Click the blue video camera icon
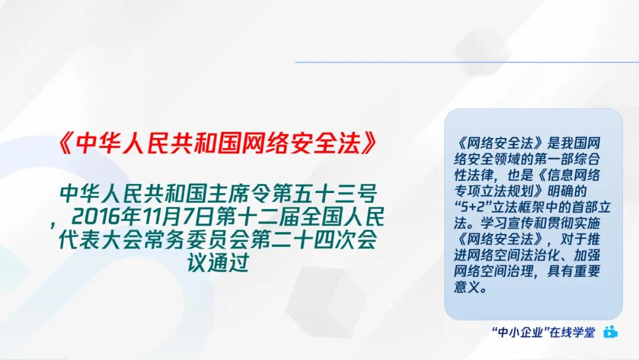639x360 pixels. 610,332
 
